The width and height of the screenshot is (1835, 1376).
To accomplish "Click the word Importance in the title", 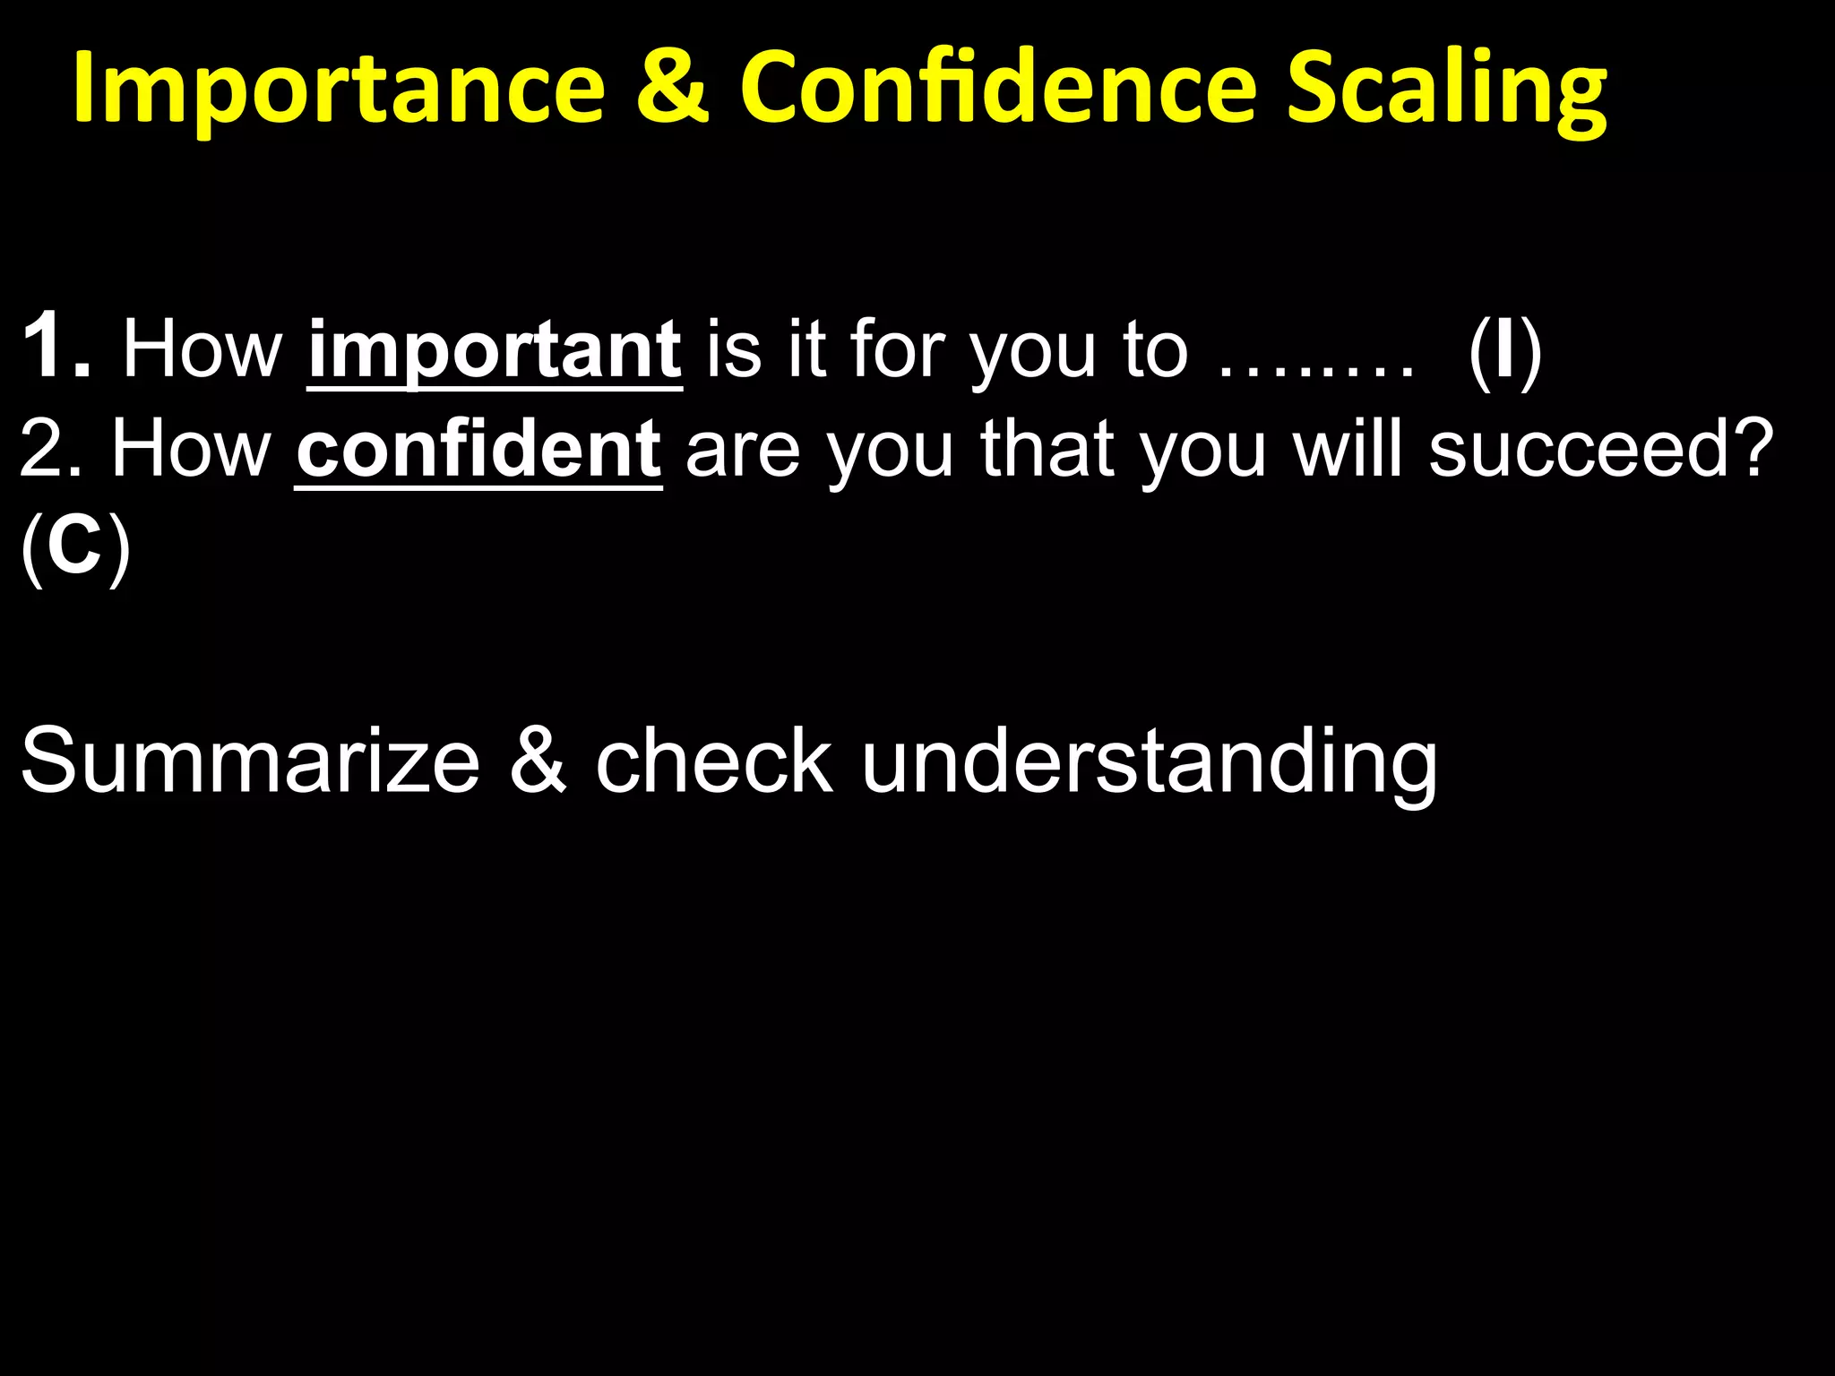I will tap(339, 90).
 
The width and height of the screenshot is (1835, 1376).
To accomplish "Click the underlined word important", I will tap(495, 351).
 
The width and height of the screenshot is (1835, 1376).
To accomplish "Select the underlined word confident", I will tap(478, 450).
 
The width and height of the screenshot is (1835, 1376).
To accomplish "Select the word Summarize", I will tap(250, 761).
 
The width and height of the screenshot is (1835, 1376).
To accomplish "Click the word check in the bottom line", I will tap(714, 761).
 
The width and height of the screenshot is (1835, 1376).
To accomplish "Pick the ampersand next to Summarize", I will tap(538, 761).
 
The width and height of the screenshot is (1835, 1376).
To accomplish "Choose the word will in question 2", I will tap(1349, 450).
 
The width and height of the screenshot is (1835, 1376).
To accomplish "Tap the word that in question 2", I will tap(1047, 450).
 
